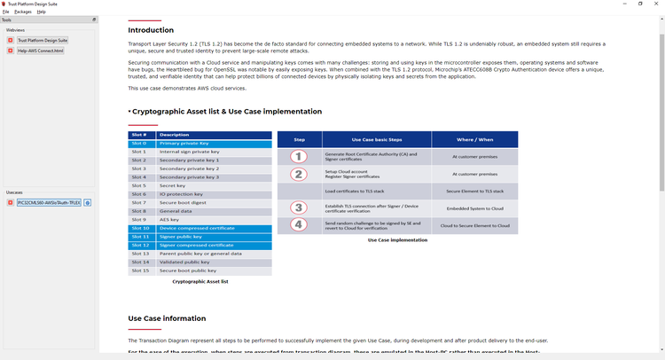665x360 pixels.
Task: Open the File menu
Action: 5,12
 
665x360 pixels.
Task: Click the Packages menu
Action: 23,12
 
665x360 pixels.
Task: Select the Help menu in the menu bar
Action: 42,12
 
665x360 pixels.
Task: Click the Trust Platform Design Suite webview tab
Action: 43,40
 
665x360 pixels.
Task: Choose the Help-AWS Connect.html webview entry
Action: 41,51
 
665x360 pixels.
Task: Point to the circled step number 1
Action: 299,156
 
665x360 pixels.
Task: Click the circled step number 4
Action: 299,225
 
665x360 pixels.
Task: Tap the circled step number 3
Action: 299,208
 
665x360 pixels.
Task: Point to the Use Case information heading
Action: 167,318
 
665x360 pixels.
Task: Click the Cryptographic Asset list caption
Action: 200,281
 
